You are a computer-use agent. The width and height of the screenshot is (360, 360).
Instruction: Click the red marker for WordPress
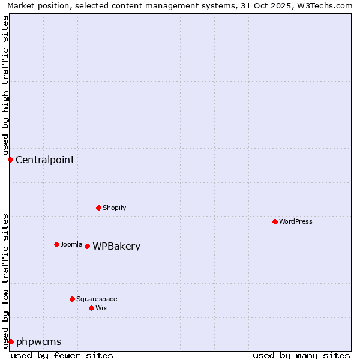[275, 221]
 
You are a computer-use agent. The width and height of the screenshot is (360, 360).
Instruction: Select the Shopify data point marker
[98, 208]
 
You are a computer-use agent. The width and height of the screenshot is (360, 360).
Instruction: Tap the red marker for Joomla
[56, 244]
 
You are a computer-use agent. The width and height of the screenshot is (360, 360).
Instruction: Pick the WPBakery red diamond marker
[87, 246]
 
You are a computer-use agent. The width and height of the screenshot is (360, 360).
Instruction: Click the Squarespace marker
[72, 299]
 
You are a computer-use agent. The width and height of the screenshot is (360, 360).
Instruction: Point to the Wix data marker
[91, 308]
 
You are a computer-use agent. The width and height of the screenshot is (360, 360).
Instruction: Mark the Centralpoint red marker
[10, 160]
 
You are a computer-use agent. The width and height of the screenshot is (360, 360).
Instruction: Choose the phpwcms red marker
[11, 341]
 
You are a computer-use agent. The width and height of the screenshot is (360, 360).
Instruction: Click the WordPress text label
[296, 221]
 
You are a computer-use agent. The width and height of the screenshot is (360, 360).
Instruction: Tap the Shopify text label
[114, 208]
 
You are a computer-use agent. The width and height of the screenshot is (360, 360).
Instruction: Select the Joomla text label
[71, 244]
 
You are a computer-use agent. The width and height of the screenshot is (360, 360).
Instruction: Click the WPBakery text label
[116, 247]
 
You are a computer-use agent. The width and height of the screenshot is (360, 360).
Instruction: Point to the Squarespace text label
[97, 299]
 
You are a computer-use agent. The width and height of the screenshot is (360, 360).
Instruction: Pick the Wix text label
[101, 308]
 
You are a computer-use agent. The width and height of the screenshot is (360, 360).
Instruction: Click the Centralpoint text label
[45, 160]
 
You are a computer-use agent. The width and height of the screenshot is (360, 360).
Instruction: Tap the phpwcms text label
[38, 342]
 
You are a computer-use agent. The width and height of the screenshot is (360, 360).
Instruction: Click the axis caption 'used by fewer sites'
[62, 355]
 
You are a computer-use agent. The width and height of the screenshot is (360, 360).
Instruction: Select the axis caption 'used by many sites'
[301, 355]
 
